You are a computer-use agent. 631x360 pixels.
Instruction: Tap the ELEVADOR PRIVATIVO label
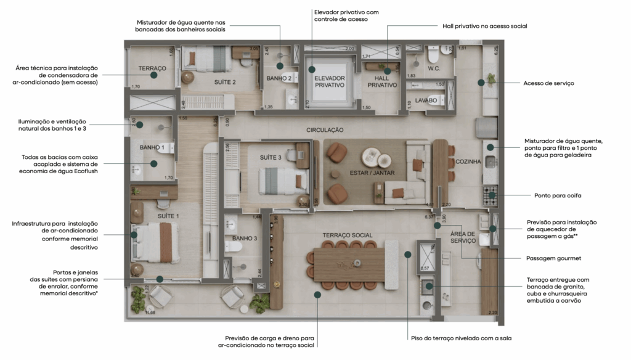tap(330, 82)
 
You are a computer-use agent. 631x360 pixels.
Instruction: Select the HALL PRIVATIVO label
tap(382, 82)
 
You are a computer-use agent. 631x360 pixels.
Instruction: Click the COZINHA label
tap(468, 162)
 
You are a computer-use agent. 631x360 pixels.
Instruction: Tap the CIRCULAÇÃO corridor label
tap(325, 130)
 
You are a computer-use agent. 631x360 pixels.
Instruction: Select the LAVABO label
tap(426, 100)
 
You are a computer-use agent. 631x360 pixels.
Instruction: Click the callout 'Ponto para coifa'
tap(557, 195)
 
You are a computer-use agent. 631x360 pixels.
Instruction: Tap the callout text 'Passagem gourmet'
tap(554, 259)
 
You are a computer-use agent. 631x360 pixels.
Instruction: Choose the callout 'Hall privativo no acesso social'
tap(484, 27)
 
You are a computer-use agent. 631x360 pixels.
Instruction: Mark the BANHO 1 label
tap(152, 147)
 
